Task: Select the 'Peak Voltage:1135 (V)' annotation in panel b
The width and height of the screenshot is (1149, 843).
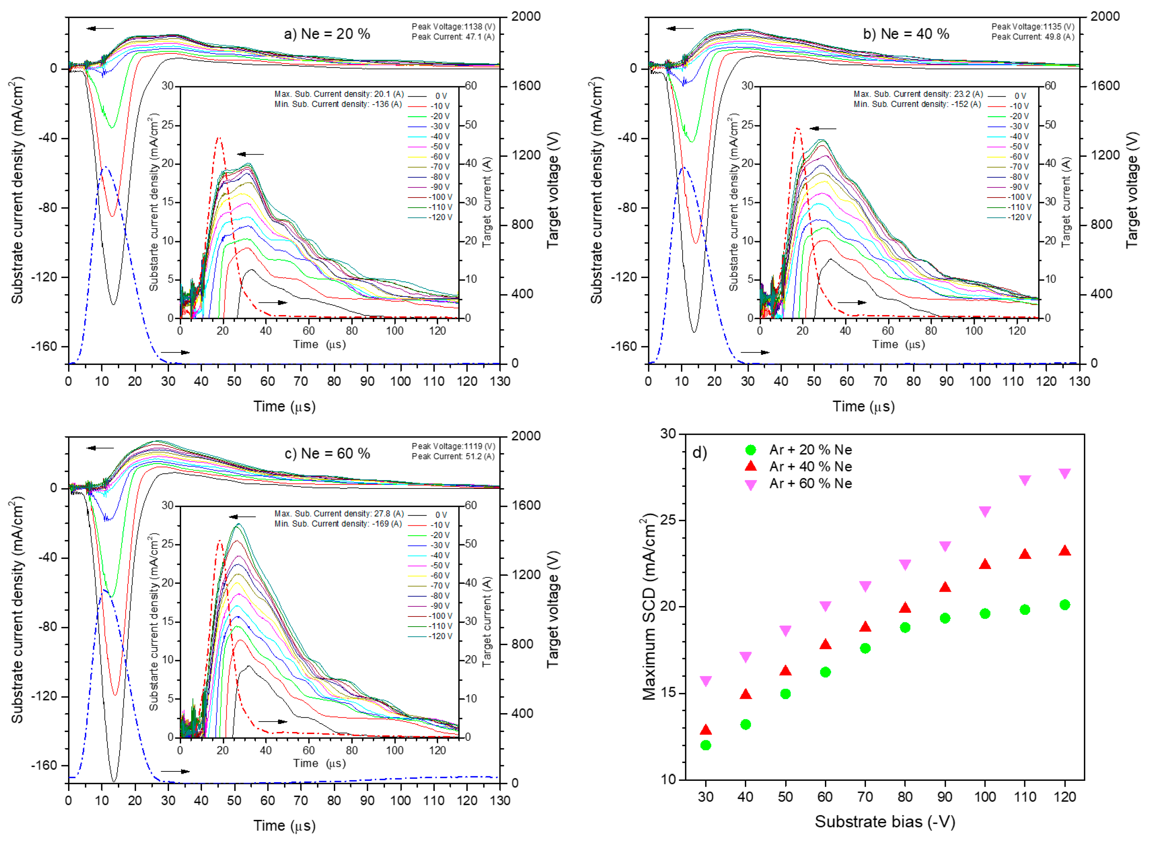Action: pyautogui.click(x=1032, y=27)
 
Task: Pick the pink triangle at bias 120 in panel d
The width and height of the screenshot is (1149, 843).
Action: pyautogui.click(x=1064, y=474)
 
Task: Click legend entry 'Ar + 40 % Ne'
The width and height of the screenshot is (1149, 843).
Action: pyautogui.click(x=810, y=466)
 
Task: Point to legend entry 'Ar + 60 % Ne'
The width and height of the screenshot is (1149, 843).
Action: pyautogui.click(x=810, y=483)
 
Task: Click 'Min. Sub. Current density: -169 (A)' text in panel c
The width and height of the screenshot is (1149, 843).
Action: pyautogui.click(x=338, y=524)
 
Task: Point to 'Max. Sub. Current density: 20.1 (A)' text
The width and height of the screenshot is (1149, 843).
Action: pyautogui.click(x=339, y=94)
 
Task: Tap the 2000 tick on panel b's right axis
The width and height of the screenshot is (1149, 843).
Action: pyautogui.click(x=1105, y=16)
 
